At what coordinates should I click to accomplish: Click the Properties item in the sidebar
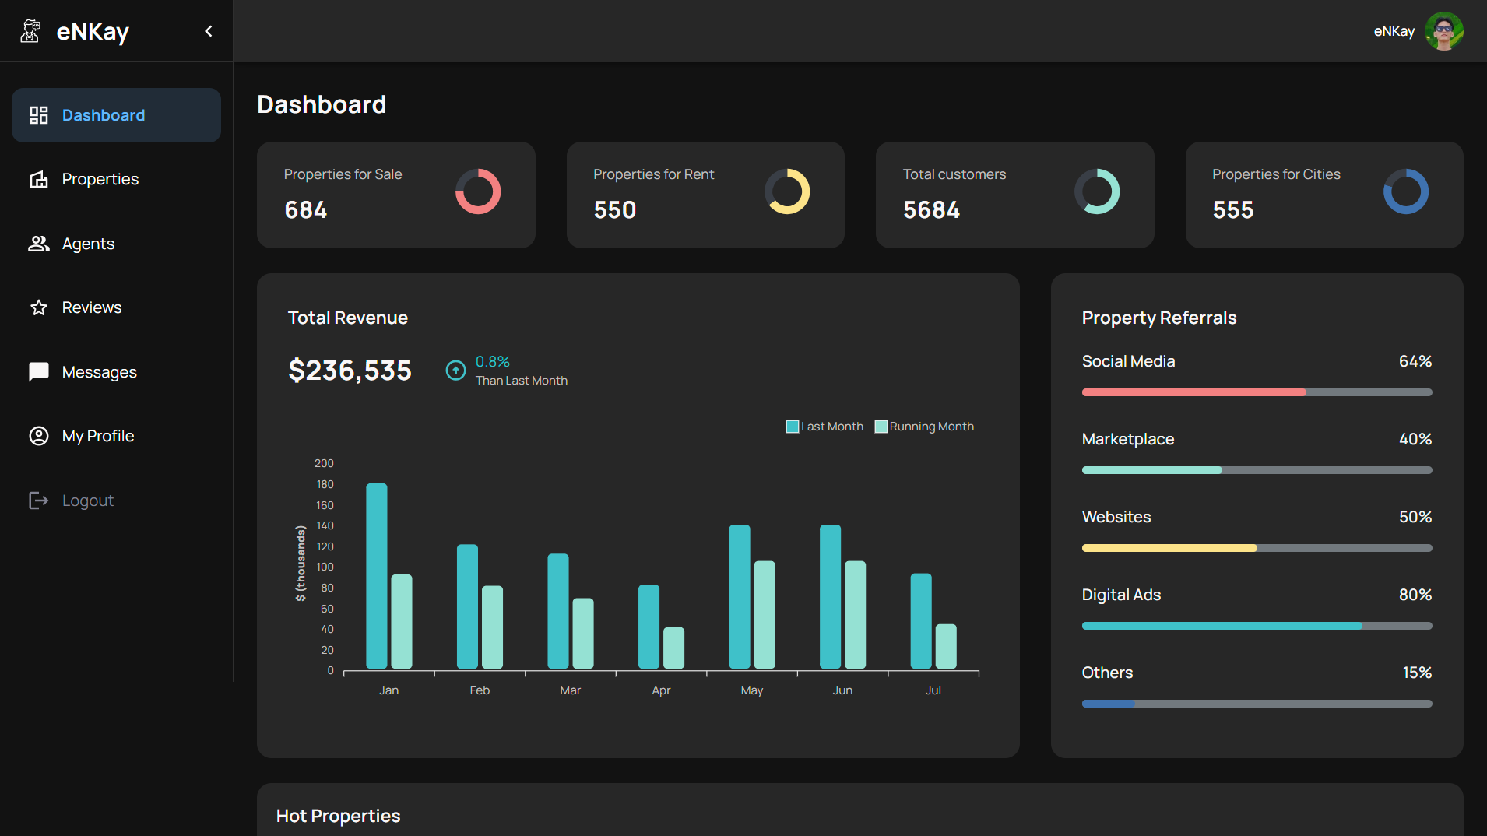(x=100, y=179)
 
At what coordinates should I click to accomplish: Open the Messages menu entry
(x=99, y=372)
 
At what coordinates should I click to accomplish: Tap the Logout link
(x=87, y=501)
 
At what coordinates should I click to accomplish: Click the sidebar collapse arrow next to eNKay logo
(x=208, y=31)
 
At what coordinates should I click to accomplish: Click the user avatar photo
(x=1443, y=31)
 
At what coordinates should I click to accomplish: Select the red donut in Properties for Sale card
(x=478, y=191)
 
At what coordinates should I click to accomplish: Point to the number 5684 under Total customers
(x=931, y=210)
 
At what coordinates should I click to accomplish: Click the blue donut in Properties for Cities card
(x=1405, y=191)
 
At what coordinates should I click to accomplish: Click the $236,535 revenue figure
(x=350, y=371)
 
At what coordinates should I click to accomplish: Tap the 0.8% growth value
(x=493, y=362)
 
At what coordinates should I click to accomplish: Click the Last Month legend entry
(x=824, y=427)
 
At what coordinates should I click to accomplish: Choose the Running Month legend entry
(x=924, y=427)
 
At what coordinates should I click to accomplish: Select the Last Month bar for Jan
(x=377, y=576)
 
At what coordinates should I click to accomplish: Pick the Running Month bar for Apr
(x=673, y=648)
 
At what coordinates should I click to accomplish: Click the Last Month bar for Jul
(x=921, y=621)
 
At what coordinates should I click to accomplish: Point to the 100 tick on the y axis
(x=325, y=567)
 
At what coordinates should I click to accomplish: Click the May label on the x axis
(x=751, y=690)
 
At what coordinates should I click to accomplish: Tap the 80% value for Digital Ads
(x=1415, y=595)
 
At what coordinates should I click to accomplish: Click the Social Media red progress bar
(x=1193, y=392)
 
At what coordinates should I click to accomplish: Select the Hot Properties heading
(x=338, y=816)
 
